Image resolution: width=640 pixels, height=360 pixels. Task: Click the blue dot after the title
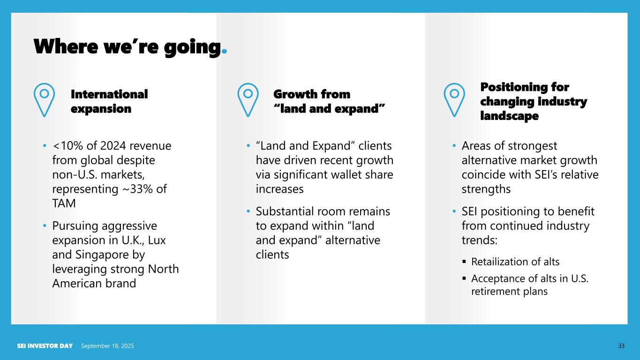(x=224, y=51)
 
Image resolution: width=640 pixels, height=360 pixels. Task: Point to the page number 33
(x=621, y=346)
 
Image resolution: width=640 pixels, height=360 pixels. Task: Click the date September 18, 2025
(x=107, y=346)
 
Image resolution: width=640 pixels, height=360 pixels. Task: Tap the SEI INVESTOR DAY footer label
(x=45, y=346)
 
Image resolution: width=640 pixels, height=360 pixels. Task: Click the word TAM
(x=64, y=203)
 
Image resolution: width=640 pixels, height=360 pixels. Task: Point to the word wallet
(x=340, y=174)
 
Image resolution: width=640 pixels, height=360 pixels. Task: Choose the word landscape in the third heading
(x=510, y=116)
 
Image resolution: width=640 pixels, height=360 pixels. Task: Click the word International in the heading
(x=109, y=94)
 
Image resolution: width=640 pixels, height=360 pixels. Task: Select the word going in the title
(x=193, y=47)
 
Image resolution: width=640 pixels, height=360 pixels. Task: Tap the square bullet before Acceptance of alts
(x=464, y=278)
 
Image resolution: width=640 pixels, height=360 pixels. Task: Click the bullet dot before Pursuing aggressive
(x=44, y=226)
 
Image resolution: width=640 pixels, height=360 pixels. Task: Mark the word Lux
(x=157, y=240)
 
